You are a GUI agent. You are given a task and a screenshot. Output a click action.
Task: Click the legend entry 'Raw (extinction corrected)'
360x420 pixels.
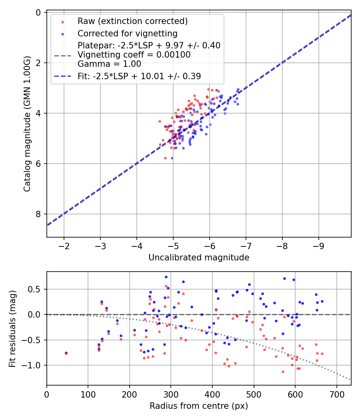pyautogui.click(x=132, y=21)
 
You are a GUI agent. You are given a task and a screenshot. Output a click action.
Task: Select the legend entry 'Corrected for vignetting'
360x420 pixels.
pyautogui.click(x=127, y=33)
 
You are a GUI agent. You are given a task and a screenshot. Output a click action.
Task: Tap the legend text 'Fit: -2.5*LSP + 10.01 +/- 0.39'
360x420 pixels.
pyautogui.click(x=139, y=76)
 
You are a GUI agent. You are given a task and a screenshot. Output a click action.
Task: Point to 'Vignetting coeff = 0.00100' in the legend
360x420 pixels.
pyautogui.click(x=134, y=54)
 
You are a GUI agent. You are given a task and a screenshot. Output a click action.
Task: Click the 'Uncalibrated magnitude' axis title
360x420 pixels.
pyautogui.click(x=199, y=258)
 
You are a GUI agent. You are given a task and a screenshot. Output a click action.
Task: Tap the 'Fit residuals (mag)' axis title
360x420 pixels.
pyautogui.click(x=12, y=328)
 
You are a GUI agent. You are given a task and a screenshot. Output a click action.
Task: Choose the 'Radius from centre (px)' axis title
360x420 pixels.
pyautogui.click(x=199, y=406)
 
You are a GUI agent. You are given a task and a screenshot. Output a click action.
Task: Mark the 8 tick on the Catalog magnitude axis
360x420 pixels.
pyautogui.click(x=38, y=214)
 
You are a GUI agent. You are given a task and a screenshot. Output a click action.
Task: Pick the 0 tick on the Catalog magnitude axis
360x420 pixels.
pyautogui.click(x=38, y=12)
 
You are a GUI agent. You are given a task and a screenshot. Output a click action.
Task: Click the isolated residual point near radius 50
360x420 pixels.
pyautogui.click(x=66, y=353)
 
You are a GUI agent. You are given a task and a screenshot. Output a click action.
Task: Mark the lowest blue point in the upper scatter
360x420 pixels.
pyautogui.click(x=172, y=158)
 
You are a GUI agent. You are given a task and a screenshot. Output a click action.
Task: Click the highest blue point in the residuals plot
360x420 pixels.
pyautogui.click(x=166, y=277)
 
